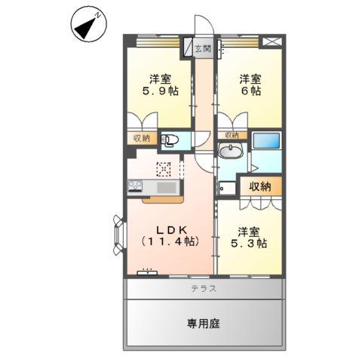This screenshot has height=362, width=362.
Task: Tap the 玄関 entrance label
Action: tap(202, 49)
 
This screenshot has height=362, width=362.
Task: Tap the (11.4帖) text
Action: tap(170, 241)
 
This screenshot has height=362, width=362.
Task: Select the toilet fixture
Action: tap(170, 140)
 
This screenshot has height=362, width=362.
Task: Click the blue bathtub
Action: tap(267, 142)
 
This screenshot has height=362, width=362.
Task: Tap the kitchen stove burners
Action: tap(136, 187)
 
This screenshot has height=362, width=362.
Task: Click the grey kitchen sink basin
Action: tap(166, 187)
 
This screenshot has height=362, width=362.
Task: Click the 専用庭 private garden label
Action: tap(204, 324)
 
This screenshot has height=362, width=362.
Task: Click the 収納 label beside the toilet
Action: tap(143, 138)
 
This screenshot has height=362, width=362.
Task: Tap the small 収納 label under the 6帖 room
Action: tap(231, 135)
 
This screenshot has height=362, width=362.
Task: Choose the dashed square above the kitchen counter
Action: tap(164, 169)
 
